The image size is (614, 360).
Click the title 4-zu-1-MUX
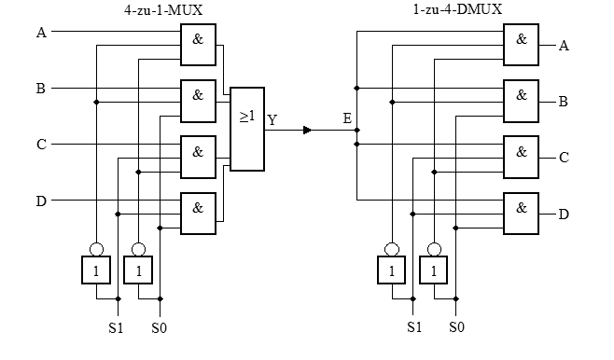163,10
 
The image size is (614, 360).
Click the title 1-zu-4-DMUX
457,9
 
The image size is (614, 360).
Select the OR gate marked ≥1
247,129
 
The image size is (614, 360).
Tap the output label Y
272,119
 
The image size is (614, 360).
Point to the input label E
347,118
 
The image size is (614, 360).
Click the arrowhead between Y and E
307,130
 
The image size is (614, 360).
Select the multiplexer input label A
41,33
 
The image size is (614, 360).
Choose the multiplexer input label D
41,201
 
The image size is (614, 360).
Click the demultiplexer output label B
563,102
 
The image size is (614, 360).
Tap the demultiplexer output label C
564,158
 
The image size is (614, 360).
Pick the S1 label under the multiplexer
116,328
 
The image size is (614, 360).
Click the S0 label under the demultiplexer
456,326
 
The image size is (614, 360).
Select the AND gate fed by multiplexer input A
198,45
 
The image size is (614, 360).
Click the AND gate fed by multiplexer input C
198,158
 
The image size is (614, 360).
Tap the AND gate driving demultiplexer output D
522,214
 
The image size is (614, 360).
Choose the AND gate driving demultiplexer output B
522,102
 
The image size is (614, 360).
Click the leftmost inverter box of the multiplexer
96,270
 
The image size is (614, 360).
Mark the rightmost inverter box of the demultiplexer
434,270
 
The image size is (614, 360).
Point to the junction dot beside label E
356,130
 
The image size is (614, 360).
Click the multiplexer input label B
41,89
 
